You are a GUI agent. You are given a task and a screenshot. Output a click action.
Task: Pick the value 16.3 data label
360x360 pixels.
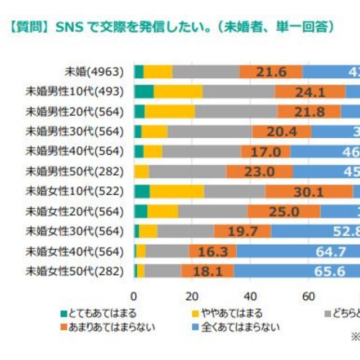(213, 251)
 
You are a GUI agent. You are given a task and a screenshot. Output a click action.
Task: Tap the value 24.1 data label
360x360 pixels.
(310, 92)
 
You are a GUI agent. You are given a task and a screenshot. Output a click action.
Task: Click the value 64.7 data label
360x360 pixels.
(330, 251)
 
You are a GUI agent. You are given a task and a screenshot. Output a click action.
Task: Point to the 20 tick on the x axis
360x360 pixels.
(192, 296)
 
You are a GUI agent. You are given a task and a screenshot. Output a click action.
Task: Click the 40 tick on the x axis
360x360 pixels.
(250, 296)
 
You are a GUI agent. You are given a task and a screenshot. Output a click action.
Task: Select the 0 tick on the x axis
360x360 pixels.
(134, 296)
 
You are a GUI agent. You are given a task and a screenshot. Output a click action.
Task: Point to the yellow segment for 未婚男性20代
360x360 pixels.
(170, 111)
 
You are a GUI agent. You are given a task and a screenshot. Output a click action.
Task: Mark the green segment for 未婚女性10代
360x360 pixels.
(142, 192)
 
